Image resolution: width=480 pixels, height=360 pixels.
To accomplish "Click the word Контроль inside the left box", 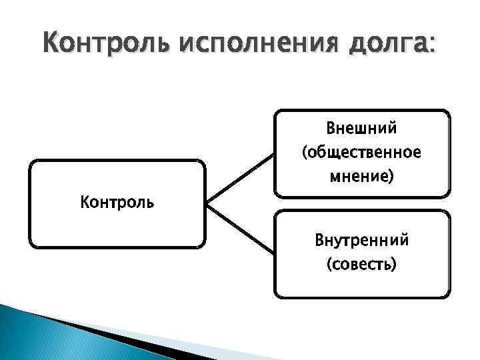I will coord(117,200).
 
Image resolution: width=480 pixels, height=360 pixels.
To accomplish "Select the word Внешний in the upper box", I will coord(361,127).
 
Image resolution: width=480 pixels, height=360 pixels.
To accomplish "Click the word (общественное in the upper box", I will coord(361,153).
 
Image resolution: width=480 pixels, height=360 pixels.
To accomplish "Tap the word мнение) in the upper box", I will coord(361,177).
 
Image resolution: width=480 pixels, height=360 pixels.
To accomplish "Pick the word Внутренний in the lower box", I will coord(362,240).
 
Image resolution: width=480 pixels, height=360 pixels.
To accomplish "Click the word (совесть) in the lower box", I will coord(362,265).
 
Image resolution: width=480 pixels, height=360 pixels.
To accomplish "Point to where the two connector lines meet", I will coord(207,203).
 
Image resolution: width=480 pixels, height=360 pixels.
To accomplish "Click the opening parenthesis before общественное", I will coord(305,153).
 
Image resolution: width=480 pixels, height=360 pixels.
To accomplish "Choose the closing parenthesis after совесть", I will coord(394,265).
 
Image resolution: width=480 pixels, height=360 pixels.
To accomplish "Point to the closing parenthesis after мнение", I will coord(391,178).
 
